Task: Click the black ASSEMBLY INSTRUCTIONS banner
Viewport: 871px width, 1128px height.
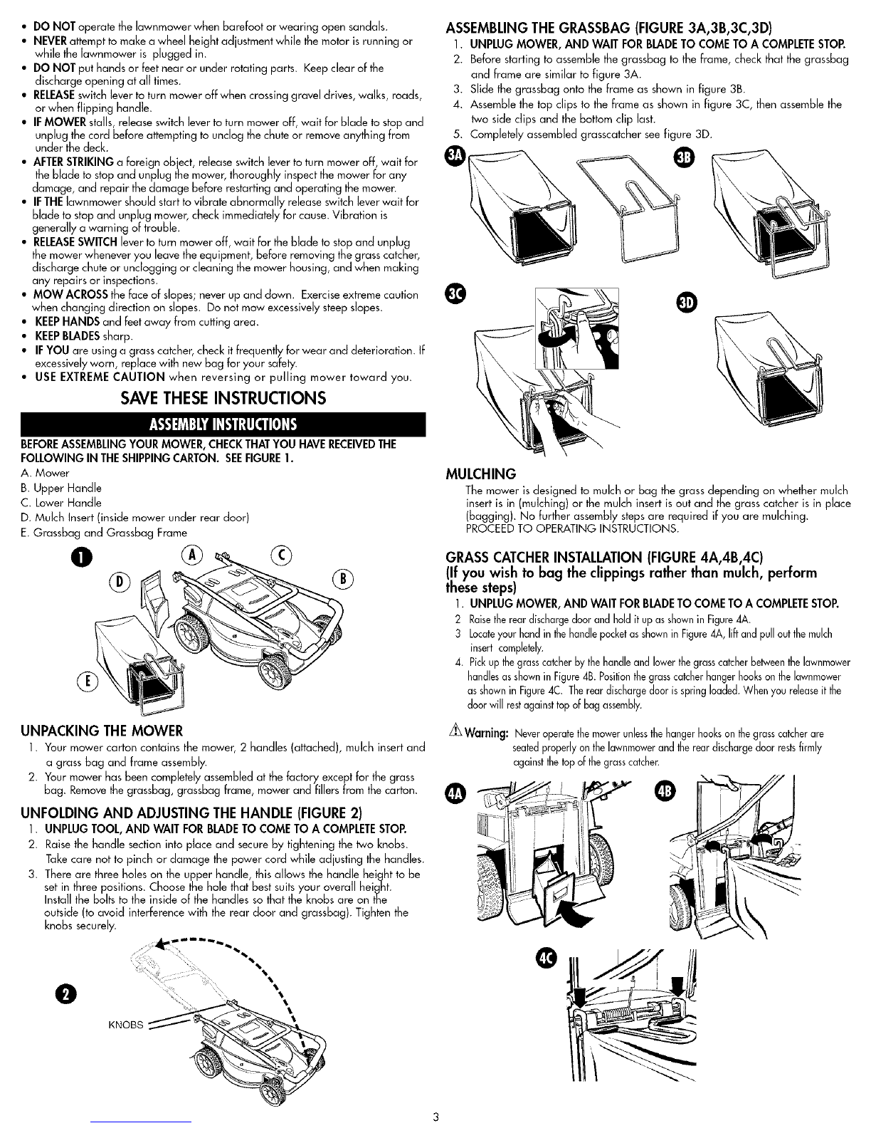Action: point(223,424)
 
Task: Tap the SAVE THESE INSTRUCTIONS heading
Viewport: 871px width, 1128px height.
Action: point(223,398)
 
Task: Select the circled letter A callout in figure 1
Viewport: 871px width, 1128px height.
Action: point(192,555)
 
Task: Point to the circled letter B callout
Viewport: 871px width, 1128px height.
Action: point(343,579)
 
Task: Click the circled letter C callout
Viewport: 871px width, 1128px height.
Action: point(281,555)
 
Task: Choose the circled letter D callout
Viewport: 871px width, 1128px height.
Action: point(120,583)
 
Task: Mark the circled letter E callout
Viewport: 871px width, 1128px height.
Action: point(88,681)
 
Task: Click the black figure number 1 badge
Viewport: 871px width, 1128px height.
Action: point(84,558)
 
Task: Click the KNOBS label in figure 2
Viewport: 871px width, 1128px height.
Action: point(125,1025)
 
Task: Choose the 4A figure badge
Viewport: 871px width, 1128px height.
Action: point(456,795)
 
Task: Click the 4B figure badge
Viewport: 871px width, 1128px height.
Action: point(666,792)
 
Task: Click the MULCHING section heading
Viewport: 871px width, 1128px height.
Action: point(481,474)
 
